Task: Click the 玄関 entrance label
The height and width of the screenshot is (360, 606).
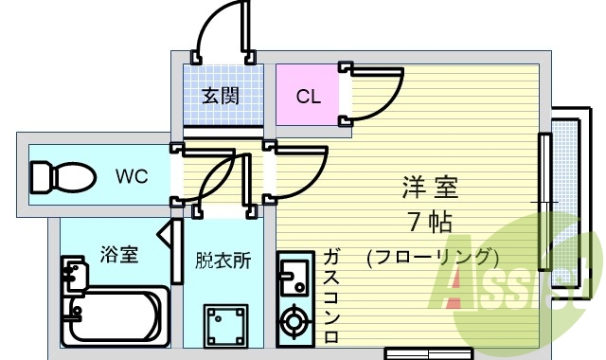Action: [219, 96]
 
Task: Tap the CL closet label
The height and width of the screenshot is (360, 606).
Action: [308, 96]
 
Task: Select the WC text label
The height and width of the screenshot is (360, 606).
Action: [132, 175]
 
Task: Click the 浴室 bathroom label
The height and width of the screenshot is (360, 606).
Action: [120, 254]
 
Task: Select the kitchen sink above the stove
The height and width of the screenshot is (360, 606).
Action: [292, 277]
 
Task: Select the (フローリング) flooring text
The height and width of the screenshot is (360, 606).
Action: [432, 256]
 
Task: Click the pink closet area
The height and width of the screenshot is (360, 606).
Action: [308, 95]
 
